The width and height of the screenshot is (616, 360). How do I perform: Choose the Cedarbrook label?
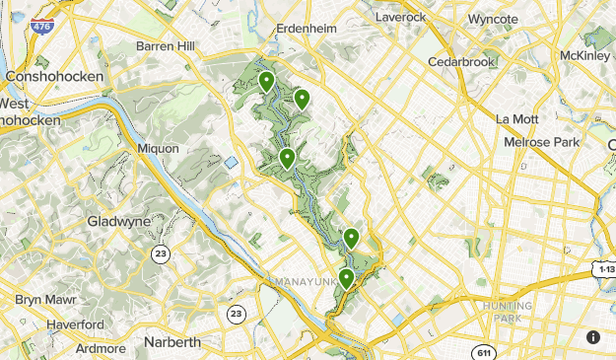[461, 62]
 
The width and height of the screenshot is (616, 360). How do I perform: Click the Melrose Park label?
[541, 142]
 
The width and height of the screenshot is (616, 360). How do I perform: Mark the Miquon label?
[159, 148]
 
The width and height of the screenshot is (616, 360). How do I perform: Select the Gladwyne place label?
[119, 221]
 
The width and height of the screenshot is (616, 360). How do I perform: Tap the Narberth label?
[171, 342]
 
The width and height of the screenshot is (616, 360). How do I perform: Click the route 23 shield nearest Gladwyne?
[160, 253]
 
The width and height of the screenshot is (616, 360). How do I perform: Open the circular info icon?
[593, 336]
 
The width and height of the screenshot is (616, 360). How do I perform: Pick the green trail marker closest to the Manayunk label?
[346, 278]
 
